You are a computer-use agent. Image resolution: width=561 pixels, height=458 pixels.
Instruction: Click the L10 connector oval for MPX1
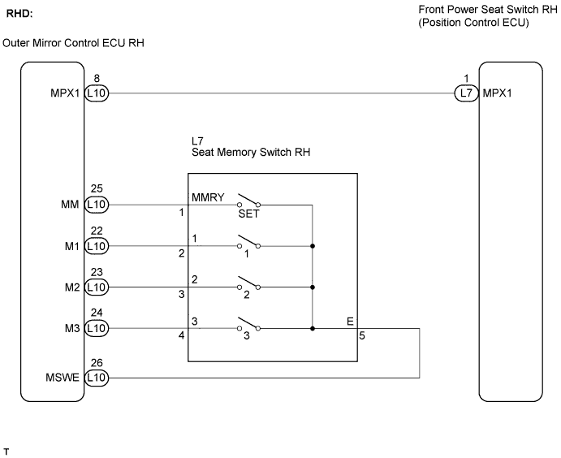[x=97, y=93]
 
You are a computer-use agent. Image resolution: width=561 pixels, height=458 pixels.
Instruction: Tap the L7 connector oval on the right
[x=467, y=93]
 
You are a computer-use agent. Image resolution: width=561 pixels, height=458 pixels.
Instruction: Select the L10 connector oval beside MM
[x=97, y=205]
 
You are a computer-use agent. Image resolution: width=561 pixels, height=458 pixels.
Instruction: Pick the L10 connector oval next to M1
[x=97, y=246]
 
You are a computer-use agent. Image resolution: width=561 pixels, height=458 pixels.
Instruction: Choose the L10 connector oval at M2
[x=97, y=287]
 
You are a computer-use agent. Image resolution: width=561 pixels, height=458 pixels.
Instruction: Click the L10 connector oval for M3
[x=97, y=328]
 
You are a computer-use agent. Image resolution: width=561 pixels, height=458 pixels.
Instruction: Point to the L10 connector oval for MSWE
[x=97, y=378]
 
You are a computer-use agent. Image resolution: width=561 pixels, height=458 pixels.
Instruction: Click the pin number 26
[x=97, y=363]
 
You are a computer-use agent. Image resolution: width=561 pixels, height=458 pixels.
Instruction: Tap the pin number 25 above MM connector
[x=97, y=188]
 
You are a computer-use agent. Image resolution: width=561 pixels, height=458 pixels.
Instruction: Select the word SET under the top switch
[x=248, y=214]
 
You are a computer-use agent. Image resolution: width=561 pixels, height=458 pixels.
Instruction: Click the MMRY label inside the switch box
[x=208, y=197]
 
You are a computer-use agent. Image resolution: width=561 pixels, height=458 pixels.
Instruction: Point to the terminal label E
[x=350, y=322]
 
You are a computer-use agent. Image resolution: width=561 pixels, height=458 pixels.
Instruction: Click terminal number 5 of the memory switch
[x=362, y=335]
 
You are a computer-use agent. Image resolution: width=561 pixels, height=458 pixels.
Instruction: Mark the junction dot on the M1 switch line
[x=313, y=246]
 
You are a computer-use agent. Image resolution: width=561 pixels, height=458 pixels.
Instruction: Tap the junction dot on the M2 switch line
[x=313, y=287]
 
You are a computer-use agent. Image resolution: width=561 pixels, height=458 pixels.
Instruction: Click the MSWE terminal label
[x=63, y=378]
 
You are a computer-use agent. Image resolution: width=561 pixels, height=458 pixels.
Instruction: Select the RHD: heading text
[x=19, y=14]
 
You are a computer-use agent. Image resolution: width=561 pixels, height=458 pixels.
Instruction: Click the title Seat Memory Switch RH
[x=251, y=152]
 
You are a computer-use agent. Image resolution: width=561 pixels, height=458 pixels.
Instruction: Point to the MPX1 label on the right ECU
[x=498, y=93]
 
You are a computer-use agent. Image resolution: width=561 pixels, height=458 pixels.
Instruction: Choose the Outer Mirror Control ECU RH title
[x=73, y=43]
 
